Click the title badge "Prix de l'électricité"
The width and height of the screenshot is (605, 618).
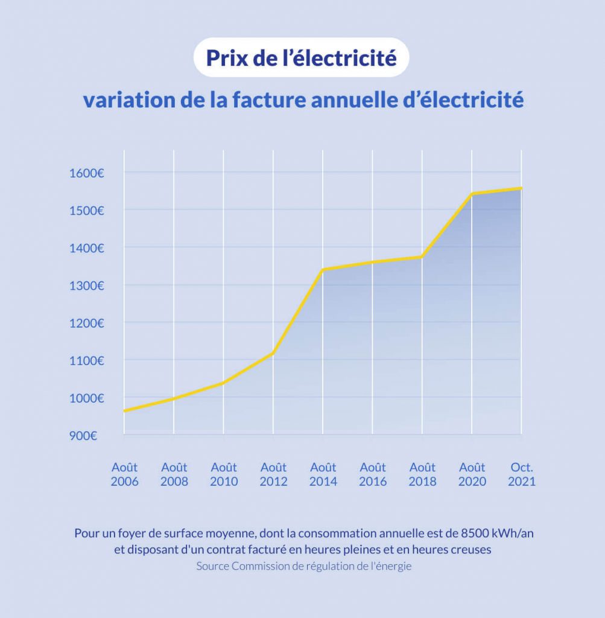click(x=302, y=59)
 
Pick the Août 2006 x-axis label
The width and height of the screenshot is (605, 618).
click(x=124, y=474)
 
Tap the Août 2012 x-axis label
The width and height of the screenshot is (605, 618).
click(x=273, y=474)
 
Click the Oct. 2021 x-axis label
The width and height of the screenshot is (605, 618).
click(x=522, y=474)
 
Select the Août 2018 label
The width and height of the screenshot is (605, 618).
click(x=422, y=474)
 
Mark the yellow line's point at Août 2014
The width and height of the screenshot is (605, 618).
click(x=323, y=270)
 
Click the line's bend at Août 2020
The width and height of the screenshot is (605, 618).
click(x=472, y=194)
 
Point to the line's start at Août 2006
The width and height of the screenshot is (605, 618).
click(x=124, y=411)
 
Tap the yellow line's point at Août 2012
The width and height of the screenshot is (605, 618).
click(x=273, y=353)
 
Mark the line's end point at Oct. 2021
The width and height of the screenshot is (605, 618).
click(x=521, y=188)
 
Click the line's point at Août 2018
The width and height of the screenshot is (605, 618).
click(x=422, y=256)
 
